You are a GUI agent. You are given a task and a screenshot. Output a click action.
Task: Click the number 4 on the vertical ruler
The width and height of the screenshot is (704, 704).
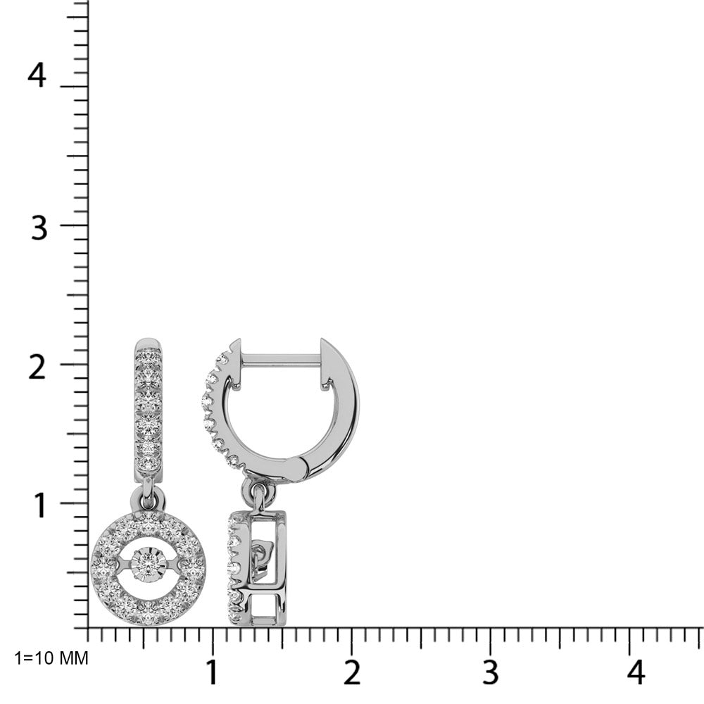(x=37, y=75)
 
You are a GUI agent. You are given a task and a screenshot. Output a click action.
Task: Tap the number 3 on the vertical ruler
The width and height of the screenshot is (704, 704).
(x=39, y=227)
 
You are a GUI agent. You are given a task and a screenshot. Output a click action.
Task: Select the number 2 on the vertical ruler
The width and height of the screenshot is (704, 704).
(x=37, y=367)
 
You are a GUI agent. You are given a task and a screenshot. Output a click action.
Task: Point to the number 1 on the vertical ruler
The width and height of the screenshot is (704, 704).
(x=40, y=505)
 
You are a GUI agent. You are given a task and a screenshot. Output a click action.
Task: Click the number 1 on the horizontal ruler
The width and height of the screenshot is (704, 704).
(x=211, y=672)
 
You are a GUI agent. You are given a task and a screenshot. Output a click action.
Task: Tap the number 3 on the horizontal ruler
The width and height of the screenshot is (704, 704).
(x=490, y=672)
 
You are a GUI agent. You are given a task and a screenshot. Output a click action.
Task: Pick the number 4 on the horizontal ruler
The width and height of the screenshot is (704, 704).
(x=635, y=672)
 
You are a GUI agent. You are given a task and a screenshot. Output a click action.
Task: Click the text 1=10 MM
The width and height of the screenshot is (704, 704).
(x=51, y=658)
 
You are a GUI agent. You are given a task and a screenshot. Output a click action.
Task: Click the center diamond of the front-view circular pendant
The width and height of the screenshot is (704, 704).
(x=148, y=561)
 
